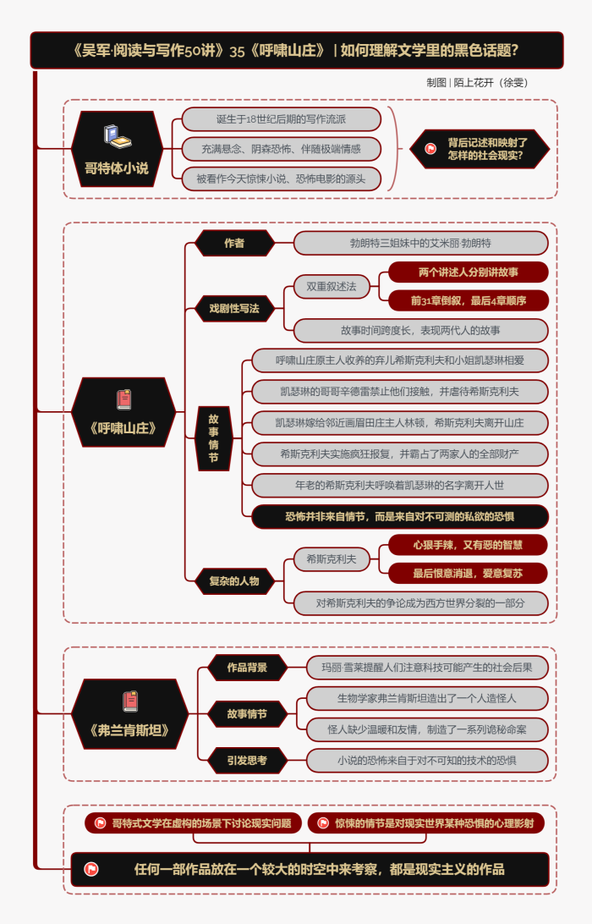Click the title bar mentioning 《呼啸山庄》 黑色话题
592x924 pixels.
[296, 50]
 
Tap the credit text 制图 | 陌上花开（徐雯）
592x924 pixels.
[477, 83]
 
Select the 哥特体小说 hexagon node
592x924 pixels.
[117, 149]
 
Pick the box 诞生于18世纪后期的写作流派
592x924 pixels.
[281, 119]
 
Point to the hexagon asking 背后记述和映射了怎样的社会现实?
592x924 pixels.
[480, 149]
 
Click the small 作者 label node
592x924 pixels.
[234, 243]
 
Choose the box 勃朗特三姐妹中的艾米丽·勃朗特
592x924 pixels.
[420, 243]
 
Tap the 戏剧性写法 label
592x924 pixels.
[234, 308]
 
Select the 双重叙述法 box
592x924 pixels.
[332, 287]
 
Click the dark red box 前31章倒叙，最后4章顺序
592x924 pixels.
[469, 300]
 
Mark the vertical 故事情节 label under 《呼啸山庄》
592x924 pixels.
[214, 437]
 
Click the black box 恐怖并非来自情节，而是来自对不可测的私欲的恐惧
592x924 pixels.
[400, 516]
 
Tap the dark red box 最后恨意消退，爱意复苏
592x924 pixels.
[468, 573]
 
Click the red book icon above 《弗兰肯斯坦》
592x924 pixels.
[129, 701]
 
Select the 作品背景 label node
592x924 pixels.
[246, 668]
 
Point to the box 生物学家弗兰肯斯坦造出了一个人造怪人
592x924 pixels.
[426, 698]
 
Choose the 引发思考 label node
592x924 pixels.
[246, 761]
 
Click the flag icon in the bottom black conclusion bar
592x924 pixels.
[91, 869]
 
